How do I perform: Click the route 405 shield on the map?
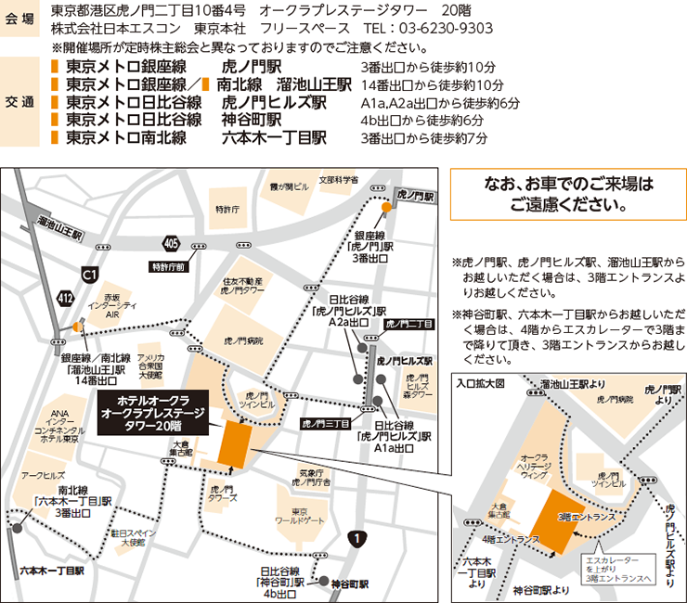pos(169,243)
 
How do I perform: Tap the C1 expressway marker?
pos(89,275)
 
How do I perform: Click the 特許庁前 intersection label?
pos(168,267)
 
